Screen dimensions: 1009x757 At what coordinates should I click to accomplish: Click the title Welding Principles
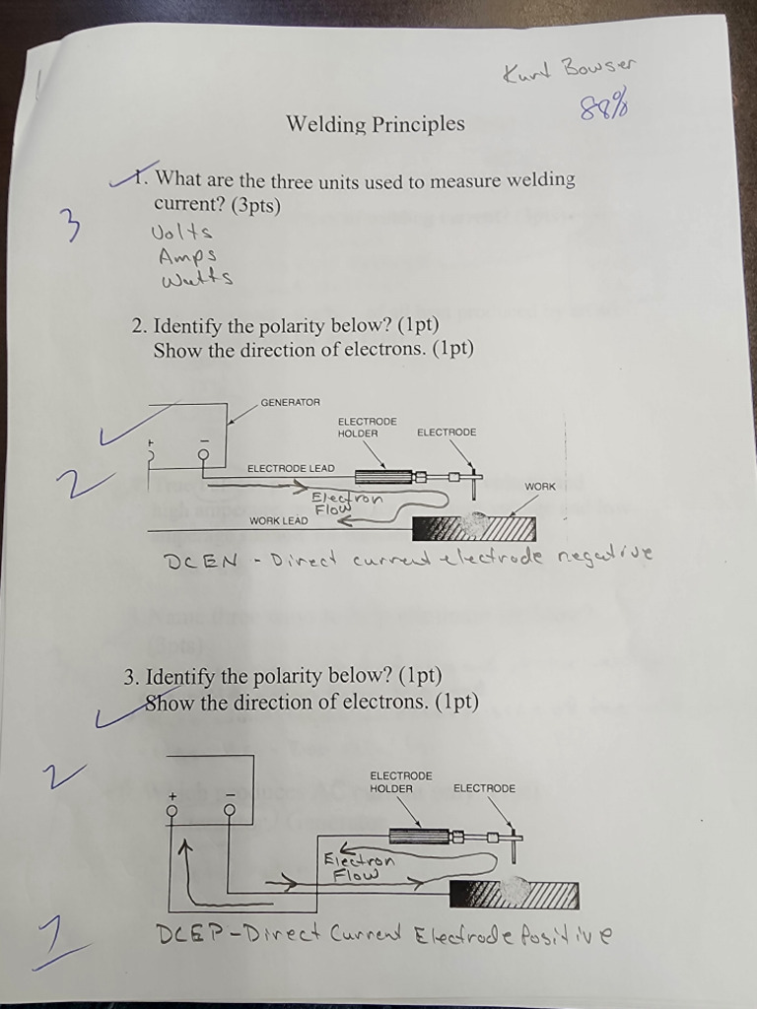[x=375, y=124]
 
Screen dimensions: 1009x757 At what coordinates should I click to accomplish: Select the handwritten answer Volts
[x=181, y=233]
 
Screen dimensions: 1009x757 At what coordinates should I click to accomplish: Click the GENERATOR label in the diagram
[x=290, y=402]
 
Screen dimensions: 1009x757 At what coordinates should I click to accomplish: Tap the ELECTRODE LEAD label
[x=291, y=468]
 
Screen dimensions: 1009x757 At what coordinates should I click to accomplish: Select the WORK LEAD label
[x=278, y=520]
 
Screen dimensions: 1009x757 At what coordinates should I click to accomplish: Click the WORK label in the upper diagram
[x=540, y=487]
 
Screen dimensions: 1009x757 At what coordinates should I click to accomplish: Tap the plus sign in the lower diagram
[x=172, y=794]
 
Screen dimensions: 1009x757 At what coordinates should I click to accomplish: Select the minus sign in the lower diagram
[x=230, y=794]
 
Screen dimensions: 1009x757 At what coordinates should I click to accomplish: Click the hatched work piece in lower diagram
[x=514, y=895]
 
